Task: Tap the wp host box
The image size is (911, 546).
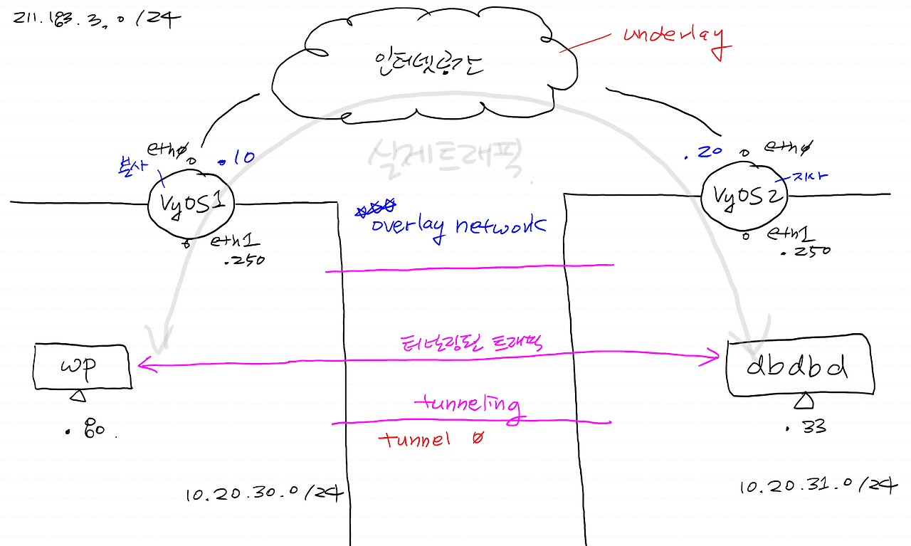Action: (83, 367)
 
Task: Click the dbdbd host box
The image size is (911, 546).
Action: (800, 367)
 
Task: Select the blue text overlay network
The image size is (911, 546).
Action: (458, 226)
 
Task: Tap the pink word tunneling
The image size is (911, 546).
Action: (466, 405)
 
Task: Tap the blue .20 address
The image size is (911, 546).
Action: (704, 152)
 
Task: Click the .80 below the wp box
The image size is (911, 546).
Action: (90, 430)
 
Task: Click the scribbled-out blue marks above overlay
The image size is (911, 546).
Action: (376, 207)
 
